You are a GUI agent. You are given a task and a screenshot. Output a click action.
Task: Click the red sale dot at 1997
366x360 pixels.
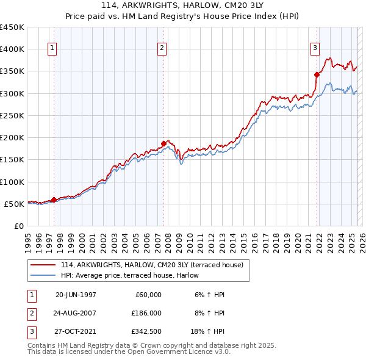(54, 200)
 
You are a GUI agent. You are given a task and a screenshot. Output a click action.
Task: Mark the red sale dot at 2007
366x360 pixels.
(163, 143)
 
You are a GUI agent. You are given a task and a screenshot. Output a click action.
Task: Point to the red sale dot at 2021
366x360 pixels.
(317, 74)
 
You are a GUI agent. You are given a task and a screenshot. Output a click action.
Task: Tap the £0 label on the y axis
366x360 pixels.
(18, 226)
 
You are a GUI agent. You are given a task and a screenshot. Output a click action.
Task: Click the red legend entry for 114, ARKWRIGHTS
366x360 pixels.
(152, 264)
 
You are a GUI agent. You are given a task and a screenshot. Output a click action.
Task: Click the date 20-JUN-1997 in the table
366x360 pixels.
(76, 295)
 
